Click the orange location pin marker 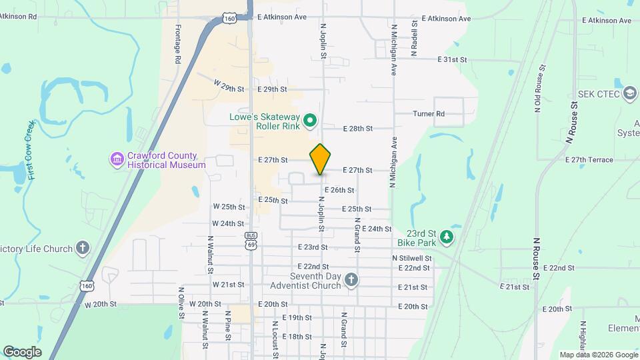pos(321,159)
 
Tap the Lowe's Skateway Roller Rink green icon pos(309,121)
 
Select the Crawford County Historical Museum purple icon pos(117,159)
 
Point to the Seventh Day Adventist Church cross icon pos(351,281)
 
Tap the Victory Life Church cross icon pos(82,249)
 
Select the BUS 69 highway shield pos(251,241)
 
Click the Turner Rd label pos(429,114)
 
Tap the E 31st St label pos(452,59)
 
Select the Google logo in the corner pos(22,352)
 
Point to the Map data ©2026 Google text pos(597,355)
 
